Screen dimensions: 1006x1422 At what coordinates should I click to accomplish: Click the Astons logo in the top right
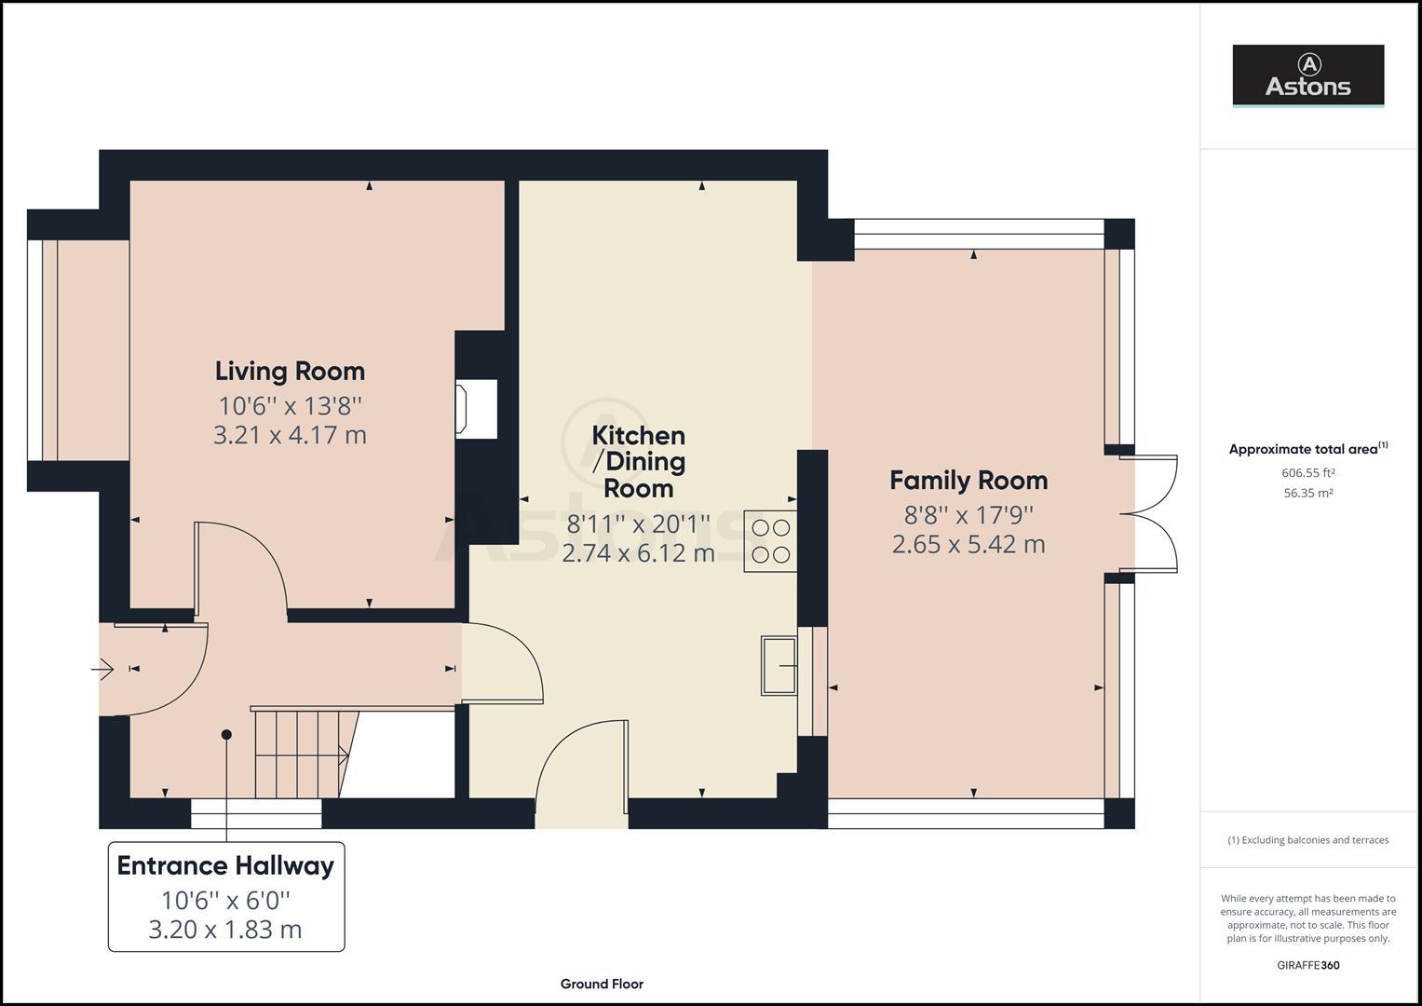(1307, 75)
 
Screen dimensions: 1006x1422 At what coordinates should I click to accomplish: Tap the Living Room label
(290, 372)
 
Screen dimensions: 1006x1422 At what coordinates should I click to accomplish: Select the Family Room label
(968, 481)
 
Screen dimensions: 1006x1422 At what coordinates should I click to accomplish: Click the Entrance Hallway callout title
(225, 866)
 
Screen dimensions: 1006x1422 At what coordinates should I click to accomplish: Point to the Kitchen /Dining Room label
(639, 461)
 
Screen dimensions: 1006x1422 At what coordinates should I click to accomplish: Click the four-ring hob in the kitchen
(770, 541)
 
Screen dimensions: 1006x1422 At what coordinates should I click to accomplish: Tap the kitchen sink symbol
(779, 665)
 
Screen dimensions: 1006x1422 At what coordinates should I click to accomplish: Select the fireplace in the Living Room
(475, 408)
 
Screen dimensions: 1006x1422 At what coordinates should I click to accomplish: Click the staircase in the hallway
(298, 753)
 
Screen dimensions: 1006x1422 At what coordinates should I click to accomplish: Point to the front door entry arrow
(102, 669)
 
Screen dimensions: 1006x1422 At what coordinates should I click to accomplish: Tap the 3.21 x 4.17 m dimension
(290, 435)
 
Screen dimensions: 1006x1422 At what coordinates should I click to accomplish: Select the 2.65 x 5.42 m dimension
(968, 544)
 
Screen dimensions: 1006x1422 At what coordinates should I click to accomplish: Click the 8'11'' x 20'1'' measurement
(639, 525)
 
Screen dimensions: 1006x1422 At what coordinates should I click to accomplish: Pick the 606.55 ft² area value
(1307, 472)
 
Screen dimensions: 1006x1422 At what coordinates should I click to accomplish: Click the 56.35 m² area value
(1307, 493)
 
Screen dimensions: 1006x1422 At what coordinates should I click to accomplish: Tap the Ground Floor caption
(602, 984)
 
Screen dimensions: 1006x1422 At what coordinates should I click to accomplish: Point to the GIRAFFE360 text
(1307, 965)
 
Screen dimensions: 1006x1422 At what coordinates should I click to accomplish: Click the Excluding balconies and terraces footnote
(1307, 840)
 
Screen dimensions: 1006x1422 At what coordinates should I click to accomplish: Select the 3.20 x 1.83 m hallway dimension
(225, 930)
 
